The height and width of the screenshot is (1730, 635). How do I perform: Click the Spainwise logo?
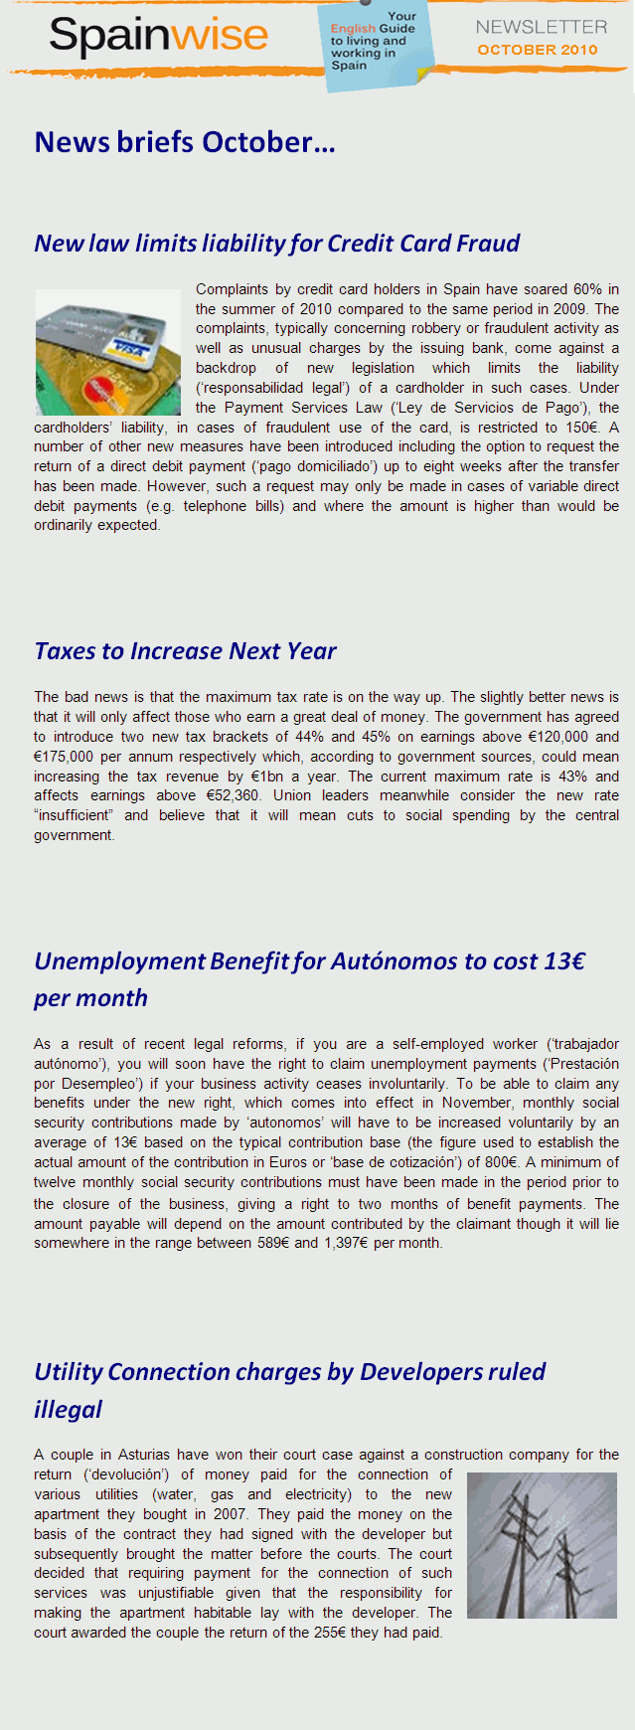coord(159,36)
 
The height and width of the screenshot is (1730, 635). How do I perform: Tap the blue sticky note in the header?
coord(375,46)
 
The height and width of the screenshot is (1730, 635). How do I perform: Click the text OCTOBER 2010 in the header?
coord(538,50)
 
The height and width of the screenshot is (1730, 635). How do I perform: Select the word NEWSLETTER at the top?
coord(541,27)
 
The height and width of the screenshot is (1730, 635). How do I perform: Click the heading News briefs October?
coord(185,142)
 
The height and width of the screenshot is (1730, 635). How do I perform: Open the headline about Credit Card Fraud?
coord(277,244)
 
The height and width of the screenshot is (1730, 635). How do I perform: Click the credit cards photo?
coord(107,352)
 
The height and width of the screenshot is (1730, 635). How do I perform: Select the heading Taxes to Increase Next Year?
coord(185,651)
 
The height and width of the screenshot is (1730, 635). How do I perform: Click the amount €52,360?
coord(233,795)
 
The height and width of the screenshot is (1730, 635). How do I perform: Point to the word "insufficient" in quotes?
coord(74,815)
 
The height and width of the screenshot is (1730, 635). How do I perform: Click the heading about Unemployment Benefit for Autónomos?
coord(309,962)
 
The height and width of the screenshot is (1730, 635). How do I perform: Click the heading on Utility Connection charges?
coord(289,1373)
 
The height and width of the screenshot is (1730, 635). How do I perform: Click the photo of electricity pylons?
coord(542,1545)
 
